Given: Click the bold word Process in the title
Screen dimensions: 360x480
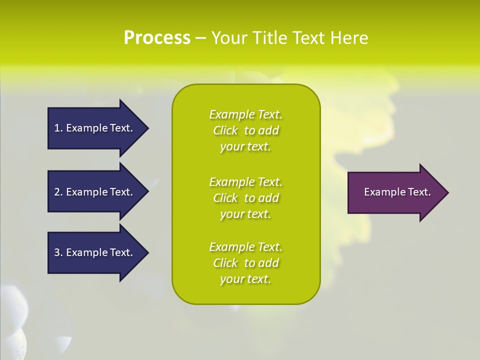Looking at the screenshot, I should click(x=157, y=37).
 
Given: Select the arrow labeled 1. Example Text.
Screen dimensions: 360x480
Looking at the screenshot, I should click(x=95, y=128).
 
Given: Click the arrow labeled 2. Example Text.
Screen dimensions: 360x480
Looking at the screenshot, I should click(x=95, y=192).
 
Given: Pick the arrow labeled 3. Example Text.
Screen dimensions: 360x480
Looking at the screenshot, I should click(x=95, y=252).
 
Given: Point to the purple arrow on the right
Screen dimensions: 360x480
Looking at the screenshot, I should click(x=395, y=192).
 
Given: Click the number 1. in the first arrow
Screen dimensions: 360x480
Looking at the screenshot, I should click(x=58, y=128).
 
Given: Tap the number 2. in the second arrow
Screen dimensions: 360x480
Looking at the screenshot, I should click(x=58, y=192).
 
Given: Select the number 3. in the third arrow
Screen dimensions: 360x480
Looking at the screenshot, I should click(x=58, y=252).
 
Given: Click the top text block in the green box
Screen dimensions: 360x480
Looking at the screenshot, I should click(x=245, y=130).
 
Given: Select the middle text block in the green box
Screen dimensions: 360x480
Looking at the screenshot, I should click(x=245, y=198).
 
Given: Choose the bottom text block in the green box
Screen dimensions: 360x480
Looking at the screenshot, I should click(x=245, y=263).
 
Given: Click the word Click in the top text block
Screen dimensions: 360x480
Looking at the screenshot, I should click(x=225, y=130).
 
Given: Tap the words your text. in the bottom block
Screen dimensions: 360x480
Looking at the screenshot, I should click(x=245, y=279).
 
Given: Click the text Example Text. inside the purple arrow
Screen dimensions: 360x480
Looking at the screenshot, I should click(x=397, y=192).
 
